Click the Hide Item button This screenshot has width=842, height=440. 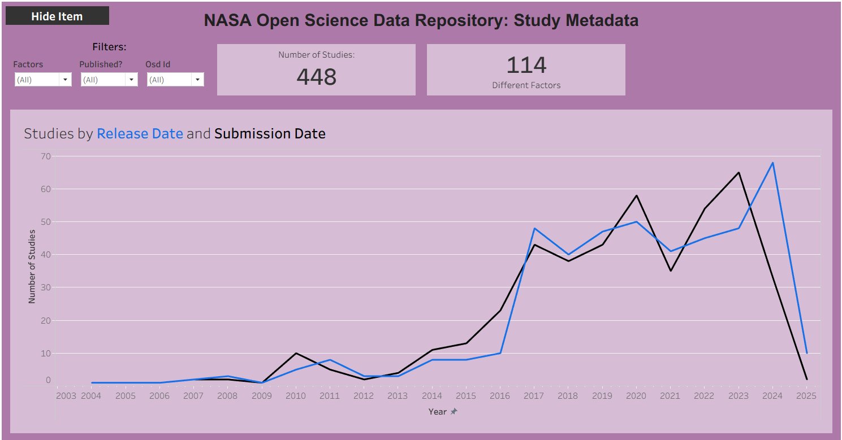click(57, 16)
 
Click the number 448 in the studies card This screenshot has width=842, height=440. click(316, 77)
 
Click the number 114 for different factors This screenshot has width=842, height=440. click(526, 66)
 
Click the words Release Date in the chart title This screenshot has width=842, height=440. click(140, 134)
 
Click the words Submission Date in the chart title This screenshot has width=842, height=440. click(270, 134)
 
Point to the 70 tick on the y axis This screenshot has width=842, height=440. click(46, 156)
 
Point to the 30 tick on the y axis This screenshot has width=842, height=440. click(46, 287)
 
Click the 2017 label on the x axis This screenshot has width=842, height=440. click(534, 396)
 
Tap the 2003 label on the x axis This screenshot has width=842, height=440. click(66, 396)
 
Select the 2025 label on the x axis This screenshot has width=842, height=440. click(806, 396)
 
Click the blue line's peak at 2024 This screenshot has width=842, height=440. click(772, 163)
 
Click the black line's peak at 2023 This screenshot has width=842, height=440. click(739, 172)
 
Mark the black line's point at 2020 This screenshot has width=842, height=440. click(636, 195)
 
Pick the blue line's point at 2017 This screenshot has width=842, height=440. click(534, 228)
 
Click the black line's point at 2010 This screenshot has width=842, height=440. click(296, 353)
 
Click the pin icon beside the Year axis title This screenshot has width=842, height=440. click(454, 412)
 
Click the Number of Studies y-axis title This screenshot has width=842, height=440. click(32, 266)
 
